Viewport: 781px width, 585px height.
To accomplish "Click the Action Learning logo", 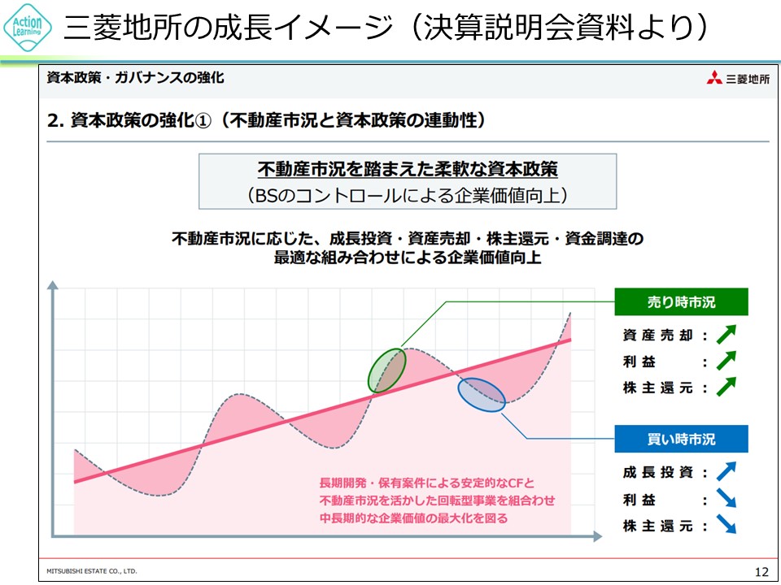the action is pos(28,28).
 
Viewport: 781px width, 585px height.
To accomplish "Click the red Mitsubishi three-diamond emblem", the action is pos(714,78).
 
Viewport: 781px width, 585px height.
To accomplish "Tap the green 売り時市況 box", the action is pos(681,301).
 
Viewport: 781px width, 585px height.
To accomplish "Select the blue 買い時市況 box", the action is pos(681,439).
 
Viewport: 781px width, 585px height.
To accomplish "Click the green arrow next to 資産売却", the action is pos(726,334).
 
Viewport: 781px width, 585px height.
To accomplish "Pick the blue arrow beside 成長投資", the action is pos(726,471).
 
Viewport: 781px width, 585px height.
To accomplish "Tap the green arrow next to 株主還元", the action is pos(726,387).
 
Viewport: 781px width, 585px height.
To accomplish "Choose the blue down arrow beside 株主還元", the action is pos(726,524).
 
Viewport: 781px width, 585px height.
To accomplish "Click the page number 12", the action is pos(761,571).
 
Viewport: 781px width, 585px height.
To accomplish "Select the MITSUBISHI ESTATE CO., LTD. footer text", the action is pos(92,571).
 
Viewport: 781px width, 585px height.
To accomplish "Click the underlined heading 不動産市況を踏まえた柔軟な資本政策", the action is pos(408,170).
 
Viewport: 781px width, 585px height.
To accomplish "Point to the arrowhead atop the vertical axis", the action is pos(52,285).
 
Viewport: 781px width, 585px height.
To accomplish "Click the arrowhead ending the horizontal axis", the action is pos(597,536).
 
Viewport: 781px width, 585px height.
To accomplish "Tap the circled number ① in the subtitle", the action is pos(203,120).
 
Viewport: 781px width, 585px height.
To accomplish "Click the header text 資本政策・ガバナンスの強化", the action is pos(135,78).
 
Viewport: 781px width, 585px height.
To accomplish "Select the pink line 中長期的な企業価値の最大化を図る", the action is pos(413,518).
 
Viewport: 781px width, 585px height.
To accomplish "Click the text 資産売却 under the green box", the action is pos(657,336).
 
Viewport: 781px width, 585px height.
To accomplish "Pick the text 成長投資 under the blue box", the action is pos(657,472).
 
